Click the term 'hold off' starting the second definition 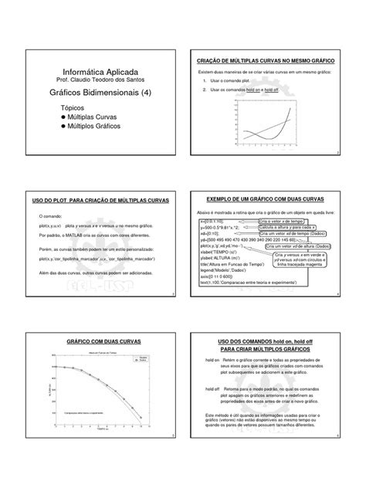point(212,390)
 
